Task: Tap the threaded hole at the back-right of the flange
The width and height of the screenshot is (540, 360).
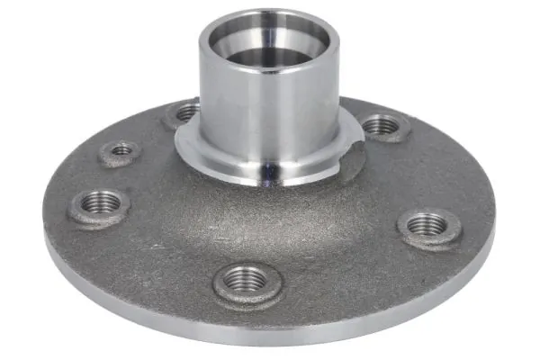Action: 382,124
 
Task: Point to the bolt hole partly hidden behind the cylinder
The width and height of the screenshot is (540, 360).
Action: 186,113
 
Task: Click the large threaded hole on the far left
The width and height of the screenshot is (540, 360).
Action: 99,202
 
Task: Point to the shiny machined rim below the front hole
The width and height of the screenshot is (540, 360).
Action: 270,337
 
